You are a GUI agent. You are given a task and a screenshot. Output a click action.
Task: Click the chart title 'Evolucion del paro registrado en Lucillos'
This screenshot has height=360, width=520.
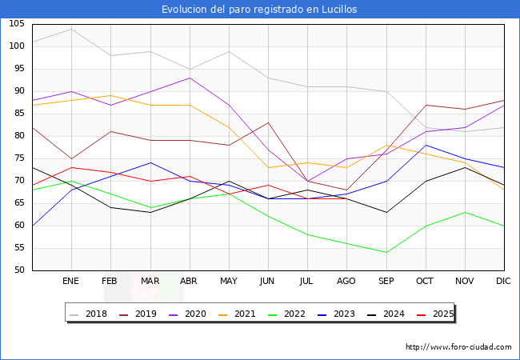[259, 10]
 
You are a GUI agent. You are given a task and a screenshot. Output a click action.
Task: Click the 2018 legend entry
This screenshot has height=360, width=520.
[90, 314]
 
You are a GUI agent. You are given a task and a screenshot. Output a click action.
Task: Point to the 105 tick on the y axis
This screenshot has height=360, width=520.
[16, 24]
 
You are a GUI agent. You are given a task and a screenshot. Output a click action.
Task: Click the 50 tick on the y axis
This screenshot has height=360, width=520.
[18, 270]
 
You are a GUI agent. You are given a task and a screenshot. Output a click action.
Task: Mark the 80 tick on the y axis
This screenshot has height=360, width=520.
[18, 136]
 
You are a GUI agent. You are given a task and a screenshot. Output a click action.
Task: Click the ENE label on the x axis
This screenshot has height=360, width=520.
[71, 282]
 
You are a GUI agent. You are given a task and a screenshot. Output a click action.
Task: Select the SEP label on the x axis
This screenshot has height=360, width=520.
[386, 282]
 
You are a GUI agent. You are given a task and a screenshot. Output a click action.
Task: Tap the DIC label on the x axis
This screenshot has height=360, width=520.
[503, 282]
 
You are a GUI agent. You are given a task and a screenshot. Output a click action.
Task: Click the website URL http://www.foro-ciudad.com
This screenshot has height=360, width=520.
[458, 347]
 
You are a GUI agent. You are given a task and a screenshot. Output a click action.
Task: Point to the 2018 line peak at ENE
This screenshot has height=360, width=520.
[71, 29]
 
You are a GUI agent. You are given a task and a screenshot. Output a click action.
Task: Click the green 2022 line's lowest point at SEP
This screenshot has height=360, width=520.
[386, 252]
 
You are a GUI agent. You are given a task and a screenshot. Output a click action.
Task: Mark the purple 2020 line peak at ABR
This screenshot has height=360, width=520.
[189, 78]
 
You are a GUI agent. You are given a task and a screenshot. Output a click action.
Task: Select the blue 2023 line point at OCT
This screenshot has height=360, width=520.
[425, 145]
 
